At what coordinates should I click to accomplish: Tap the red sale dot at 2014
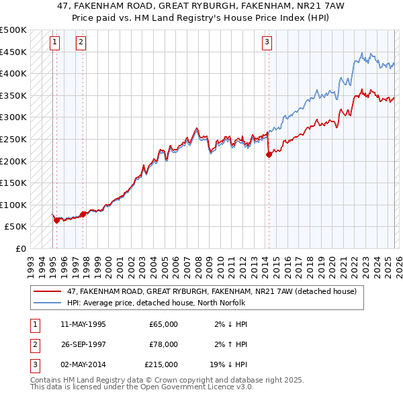tap(269, 154)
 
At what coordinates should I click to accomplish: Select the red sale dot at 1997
tap(83, 215)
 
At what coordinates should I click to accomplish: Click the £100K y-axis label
tap(13, 205)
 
